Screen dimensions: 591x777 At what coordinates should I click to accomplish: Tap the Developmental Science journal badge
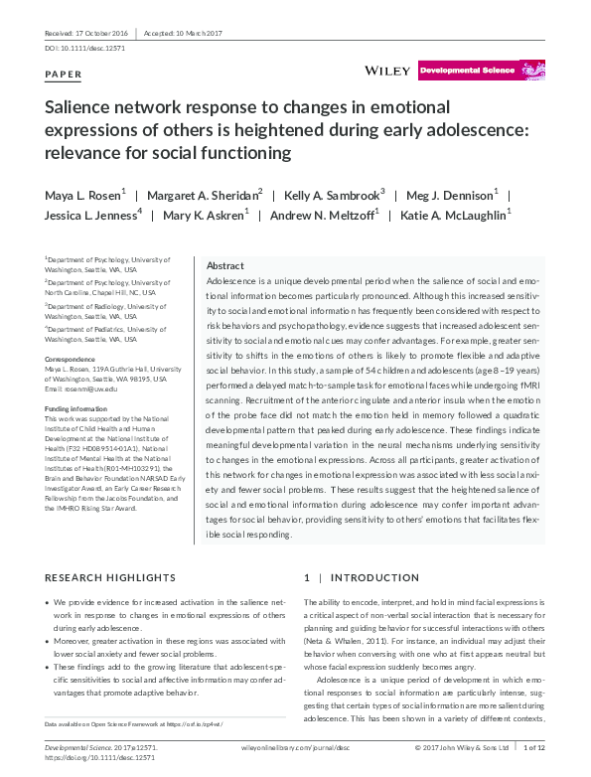tap(467, 72)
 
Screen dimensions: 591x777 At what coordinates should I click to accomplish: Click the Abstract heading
tap(224, 266)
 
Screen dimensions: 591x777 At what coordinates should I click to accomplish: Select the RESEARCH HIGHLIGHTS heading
tap(110, 577)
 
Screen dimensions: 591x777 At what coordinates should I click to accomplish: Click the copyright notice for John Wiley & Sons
tap(460, 745)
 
